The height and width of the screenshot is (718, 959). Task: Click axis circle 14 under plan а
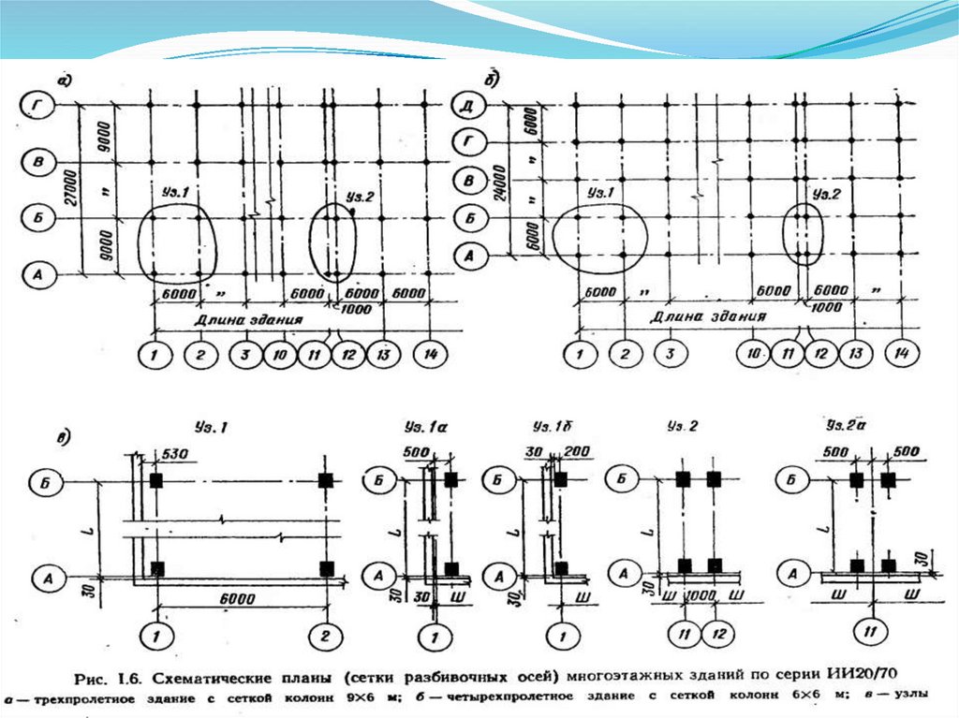pyautogui.click(x=429, y=355)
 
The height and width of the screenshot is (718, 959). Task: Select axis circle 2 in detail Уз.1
pyautogui.click(x=324, y=637)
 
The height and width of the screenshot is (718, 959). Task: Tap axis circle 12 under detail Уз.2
pyautogui.click(x=716, y=634)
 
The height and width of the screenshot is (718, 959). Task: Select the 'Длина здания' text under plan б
pyautogui.click(x=710, y=317)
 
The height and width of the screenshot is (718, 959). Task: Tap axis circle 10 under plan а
pyautogui.click(x=280, y=355)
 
